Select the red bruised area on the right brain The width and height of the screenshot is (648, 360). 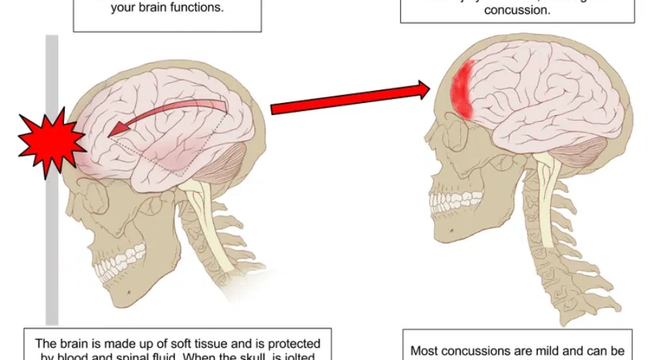[461, 90]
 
